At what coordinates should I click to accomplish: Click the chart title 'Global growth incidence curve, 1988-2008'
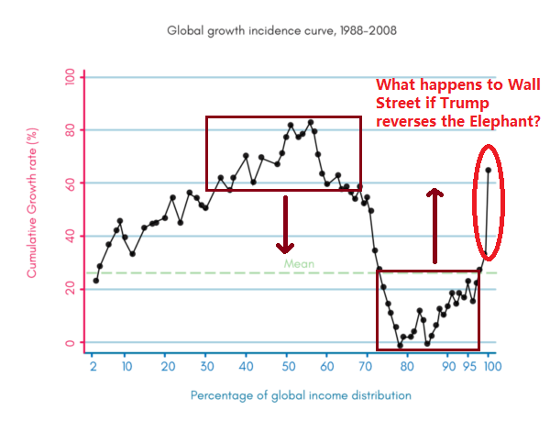(280, 30)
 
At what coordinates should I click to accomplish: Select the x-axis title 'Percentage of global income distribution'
(301, 395)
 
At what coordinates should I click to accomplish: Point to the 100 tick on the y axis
(69, 77)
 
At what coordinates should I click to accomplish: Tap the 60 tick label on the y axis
(69, 183)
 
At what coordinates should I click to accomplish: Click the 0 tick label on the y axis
(69, 343)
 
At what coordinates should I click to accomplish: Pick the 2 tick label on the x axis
(93, 366)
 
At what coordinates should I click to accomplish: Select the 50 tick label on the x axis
(287, 366)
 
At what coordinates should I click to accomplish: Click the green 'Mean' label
(299, 264)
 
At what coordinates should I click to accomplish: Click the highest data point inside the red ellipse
(489, 170)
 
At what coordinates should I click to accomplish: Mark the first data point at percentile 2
(95, 281)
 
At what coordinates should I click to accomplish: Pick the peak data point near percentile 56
(311, 122)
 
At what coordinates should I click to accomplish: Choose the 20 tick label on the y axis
(69, 290)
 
